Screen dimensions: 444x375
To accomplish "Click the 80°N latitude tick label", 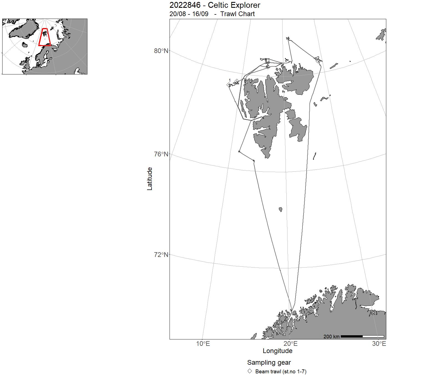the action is pyautogui.click(x=161, y=51).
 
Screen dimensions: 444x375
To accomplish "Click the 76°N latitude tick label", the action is pyautogui.click(x=161, y=154).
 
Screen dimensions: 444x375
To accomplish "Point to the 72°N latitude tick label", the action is pyautogui.click(x=161, y=255).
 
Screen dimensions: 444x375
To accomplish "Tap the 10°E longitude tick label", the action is pyautogui.click(x=203, y=344).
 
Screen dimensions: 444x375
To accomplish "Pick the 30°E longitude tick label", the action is pyautogui.click(x=379, y=344).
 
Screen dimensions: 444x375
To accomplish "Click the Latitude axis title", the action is pyautogui.click(x=150, y=178).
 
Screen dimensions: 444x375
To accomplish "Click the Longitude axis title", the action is pyautogui.click(x=277, y=351).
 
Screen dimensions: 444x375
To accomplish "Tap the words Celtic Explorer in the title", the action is pyautogui.click(x=234, y=5).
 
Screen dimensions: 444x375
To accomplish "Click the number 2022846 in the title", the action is pyautogui.click(x=185, y=5).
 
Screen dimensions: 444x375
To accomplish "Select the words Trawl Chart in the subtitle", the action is pyautogui.click(x=237, y=14).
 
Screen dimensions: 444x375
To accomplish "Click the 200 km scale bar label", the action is pyautogui.click(x=331, y=337).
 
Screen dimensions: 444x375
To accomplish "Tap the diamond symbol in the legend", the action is pyautogui.click(x=250, y=371).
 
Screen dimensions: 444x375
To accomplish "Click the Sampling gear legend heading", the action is pyautogui.click(x=269, y=362).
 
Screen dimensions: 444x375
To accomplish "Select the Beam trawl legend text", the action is pyautogui.click(x=281, y=371).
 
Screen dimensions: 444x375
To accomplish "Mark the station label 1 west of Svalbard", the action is pyautogui.click(x=229, y=80).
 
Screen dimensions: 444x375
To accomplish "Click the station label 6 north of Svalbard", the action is pyautogui.click(x=269, y=62).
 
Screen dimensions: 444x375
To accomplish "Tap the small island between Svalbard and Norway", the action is pyautogui.click(x=281, y=209).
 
